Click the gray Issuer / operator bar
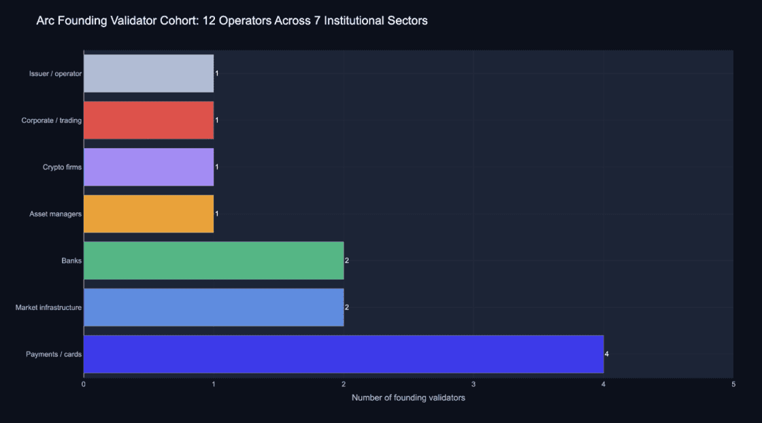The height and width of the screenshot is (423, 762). pyautogui.click(x=149, y=73)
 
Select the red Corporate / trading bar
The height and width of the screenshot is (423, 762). pyautogui.click(x=149, y=120)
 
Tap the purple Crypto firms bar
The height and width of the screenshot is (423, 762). pyautogui.click(x=149, y=167)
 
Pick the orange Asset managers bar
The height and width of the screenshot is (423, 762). pyautogui.click(x=149, y=214)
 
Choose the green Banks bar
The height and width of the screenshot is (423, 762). pyautogui.click(x=214, y=260)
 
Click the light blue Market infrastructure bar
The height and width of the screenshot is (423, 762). pyautogui.click(x=214, y=307)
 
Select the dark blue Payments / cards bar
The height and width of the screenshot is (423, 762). pyautogui.click(x=344, y=354)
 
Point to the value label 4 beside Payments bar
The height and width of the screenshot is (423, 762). pyautogui.click(x=606, y=354)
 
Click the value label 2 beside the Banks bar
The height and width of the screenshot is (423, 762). pyautogui.click(x=347, y=260)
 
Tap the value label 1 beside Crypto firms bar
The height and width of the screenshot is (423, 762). pyautogui.click(x=217, y=167)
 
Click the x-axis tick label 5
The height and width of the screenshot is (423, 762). pyautogui.click(x=733, y=384)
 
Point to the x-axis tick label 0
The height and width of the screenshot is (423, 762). pyautogui.click(x=84, y=384)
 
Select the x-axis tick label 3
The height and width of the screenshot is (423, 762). pyautogui.click(x=474, y=384)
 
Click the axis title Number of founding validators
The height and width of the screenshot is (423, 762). pyautogui.click(x=408, y=398)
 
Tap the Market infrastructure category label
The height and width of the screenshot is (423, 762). pyautogui.click(x=48, y=307)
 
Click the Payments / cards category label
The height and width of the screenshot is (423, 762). pyautogui.click(x=54, y=354)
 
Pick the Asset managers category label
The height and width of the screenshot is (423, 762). pyautogui.click(x=55, y=214)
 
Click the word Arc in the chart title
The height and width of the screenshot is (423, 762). pyautogui.click(x=45, y=20)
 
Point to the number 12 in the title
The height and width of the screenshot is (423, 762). pyautogui.click(x=209, y=20)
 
